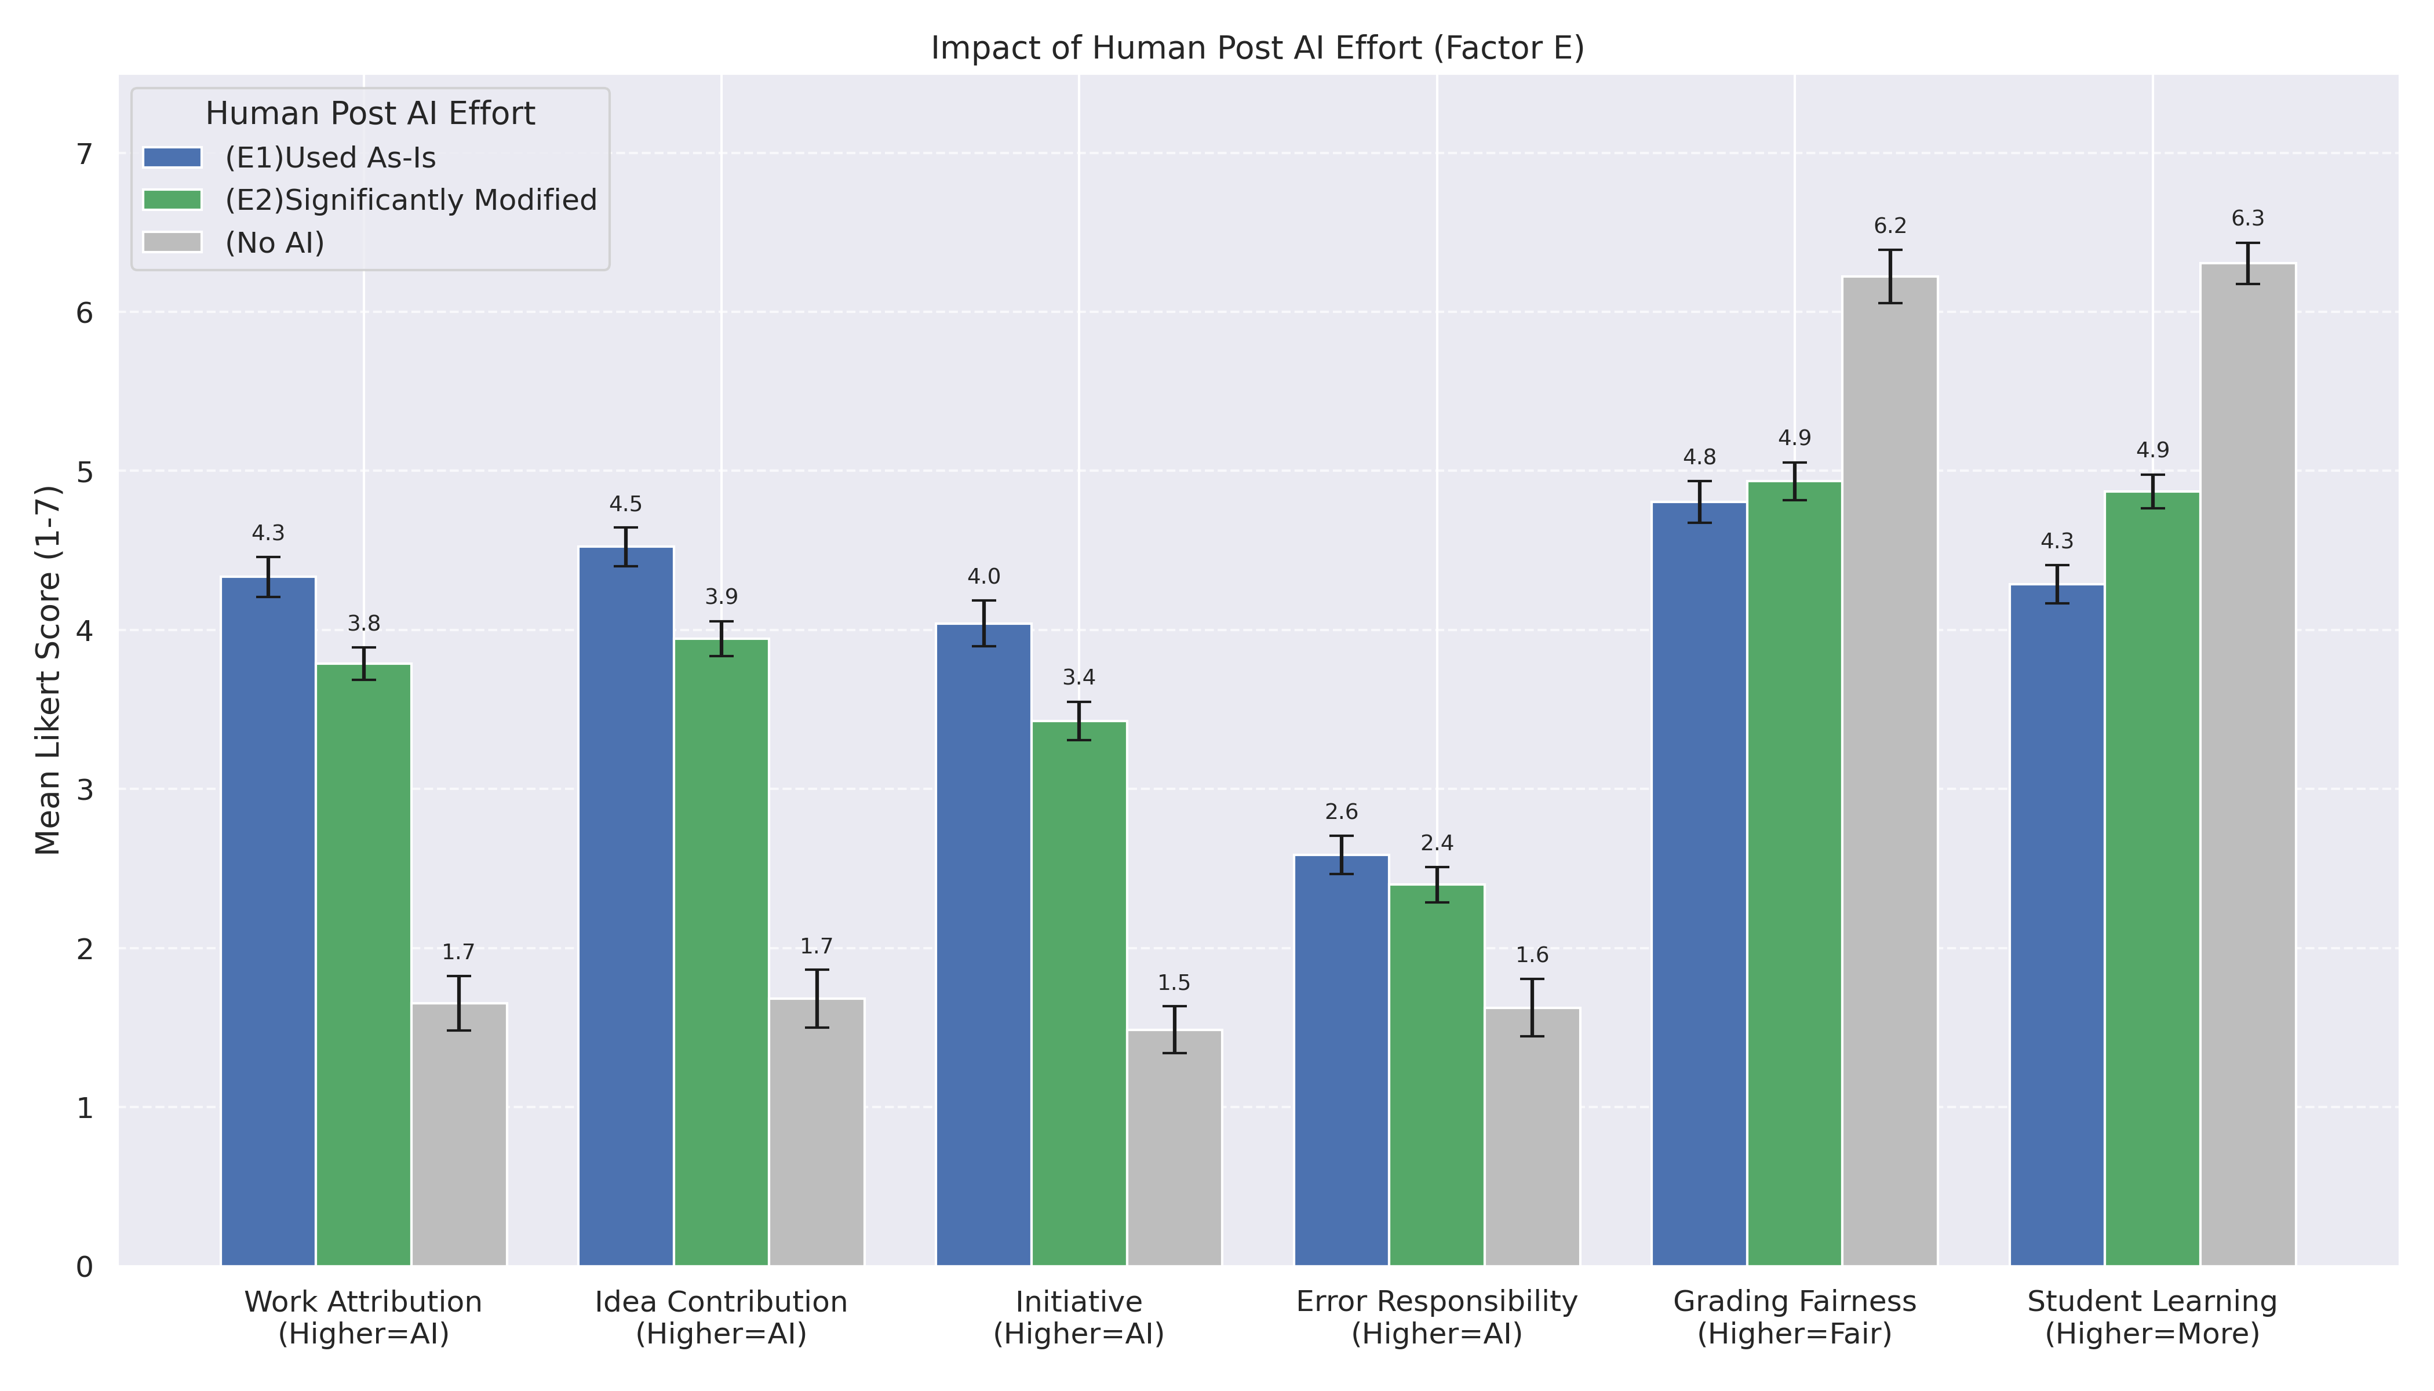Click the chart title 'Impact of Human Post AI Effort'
[x=1257, y=48]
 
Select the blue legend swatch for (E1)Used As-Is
[x=172, y=158]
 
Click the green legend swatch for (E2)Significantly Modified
[x=172, y=200]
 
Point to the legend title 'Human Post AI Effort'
[x=370, y=114]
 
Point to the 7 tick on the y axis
[x=84, y=154]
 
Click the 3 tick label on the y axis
[x=84, y=790]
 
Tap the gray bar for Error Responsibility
[x=1532, y=1137]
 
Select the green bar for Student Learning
[x=2152, y=879]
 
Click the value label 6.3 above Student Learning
[x=2248, y=219]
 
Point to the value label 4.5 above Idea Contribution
[x=626, y=504]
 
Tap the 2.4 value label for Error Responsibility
[x=1437, y=843]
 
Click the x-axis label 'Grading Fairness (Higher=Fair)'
[x=1794, y=1317]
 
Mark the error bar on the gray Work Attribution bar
[x=458, y=1003]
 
